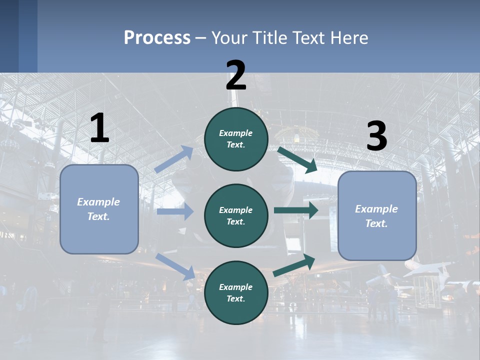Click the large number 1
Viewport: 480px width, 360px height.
point(99,128)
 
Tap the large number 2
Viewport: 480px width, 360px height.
point(236,75)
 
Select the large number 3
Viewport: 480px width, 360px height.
point(377,136)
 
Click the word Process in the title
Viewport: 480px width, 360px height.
point(157,37)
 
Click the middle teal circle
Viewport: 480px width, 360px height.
point(236,215)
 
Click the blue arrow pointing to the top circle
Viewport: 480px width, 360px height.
point(174,159)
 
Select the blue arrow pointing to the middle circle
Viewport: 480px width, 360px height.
point(175,211)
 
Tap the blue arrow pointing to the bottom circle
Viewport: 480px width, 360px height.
point(175,266)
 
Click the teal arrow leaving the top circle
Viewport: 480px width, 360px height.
point(297,159)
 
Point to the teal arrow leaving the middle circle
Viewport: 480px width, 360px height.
point(296,210)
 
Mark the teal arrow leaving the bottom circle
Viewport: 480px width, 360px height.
point(294,264)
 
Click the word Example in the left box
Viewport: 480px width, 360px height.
point(98,202)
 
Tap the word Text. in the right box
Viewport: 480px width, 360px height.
point(376,223)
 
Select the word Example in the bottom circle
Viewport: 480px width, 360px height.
point(235,287)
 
